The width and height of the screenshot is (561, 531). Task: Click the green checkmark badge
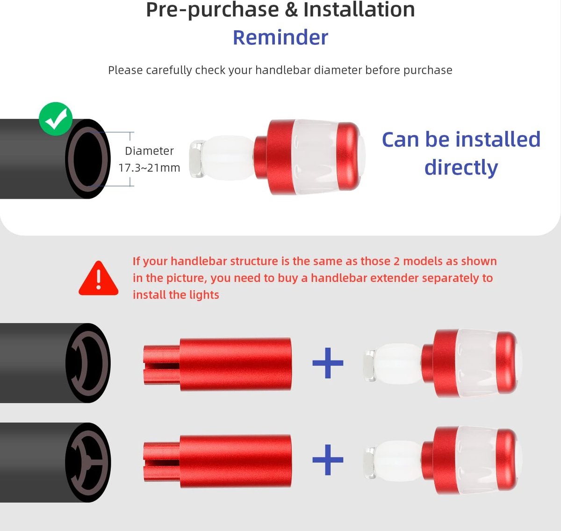click(56, 119)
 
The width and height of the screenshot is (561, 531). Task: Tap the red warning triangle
click(99, 278)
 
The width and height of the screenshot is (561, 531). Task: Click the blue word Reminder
click(280, 37)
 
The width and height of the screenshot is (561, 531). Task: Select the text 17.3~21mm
click(149, 168)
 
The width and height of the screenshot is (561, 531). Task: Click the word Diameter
click(149, 151)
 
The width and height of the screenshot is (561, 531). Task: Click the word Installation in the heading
click(359, 9)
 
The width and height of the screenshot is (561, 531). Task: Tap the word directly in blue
click(461, 167)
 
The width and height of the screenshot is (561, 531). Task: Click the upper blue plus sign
click(328, 363)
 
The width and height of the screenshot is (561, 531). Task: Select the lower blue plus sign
click(328, 459)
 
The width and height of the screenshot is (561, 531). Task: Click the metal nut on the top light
click(197, 158)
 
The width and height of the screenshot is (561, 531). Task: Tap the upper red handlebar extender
click(217, 364)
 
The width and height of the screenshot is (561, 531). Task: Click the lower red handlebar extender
click(217, 461)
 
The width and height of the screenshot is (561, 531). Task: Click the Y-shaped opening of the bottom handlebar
click(88, 463)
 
